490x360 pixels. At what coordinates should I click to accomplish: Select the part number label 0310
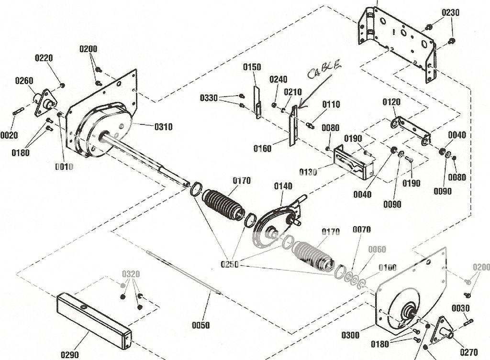tap(163, 127)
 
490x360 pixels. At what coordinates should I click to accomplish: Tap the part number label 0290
tap(70, 354)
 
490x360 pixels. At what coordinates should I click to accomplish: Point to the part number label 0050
tap(201, 325)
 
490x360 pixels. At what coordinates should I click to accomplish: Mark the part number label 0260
tap(24, 80)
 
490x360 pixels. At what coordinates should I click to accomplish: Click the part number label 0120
tap(391, 102)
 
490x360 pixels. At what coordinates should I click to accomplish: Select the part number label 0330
tap(209, 98)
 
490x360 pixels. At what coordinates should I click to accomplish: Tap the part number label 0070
tap(362, 229)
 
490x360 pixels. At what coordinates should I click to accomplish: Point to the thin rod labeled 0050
tap(184, 273)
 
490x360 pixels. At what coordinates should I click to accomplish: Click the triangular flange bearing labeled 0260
tap(45, 102)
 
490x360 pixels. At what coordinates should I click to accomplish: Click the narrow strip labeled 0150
tap(257, 102)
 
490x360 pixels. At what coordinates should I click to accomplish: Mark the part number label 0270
tap(468, 353)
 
